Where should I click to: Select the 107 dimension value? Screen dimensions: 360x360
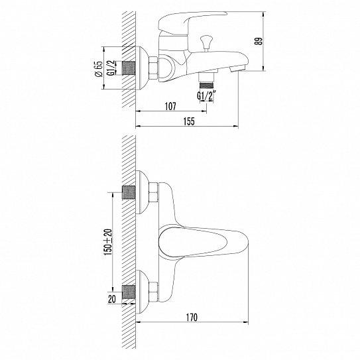point(170,105)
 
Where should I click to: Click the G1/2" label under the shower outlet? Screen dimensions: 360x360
point(206,97)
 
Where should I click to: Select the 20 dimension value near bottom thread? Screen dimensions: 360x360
point(110,300)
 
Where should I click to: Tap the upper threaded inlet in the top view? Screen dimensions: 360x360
point(129,194)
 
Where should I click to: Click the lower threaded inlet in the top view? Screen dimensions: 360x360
point(129,291)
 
